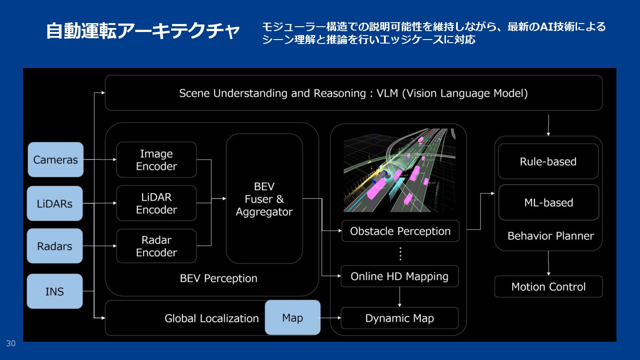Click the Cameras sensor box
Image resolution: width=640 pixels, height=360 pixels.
click(56, 160)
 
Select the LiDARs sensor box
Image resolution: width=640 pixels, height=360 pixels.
click(55, 204)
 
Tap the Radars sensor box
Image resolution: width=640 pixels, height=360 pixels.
click(55, 246)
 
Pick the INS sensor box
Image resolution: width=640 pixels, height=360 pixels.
click(55, 292)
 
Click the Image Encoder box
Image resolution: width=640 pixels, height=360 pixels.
click(156, 160)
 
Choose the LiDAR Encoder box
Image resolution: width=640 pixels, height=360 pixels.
click(156, 203)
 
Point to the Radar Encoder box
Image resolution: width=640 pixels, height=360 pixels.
click(156, 246)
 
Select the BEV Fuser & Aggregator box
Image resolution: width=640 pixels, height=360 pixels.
click(264, 199)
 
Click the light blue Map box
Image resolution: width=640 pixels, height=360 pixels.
click(292, 318)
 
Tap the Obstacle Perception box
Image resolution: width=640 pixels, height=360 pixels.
click(400, 231)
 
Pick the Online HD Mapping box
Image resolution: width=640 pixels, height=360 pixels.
click(400, 276)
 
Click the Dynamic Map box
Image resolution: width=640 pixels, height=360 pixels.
click(400, 318)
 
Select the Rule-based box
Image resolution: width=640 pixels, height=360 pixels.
click(548, 161)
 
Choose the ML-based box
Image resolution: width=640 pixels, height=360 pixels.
click(548, 203)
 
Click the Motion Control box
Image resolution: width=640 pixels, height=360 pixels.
click(548, 287)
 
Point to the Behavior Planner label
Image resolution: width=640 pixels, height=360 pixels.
click(551, 236)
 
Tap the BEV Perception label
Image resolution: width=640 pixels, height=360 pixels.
click(219, 279)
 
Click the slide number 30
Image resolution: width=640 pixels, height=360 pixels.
click(11, 344)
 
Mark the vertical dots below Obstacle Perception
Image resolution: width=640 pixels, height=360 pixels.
click(400, 254)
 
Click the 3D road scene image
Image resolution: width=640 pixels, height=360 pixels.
click(400, 170)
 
